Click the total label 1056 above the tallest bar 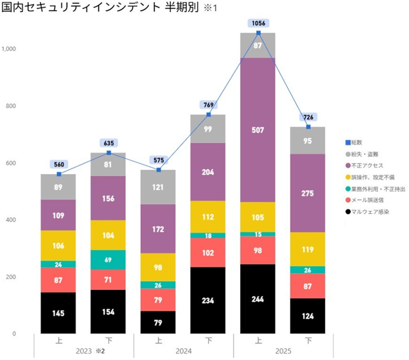pos(258,23)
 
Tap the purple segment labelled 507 pos(258,130)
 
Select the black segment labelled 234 pos(208,300)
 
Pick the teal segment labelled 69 pos(108,259)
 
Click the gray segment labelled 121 pos(158,187)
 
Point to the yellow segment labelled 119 pos(308,249)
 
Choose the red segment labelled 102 pos(208,252)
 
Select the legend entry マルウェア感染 pos(372,212)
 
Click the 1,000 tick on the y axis pos(10,49)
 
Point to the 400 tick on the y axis pos(12,220)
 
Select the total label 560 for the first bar pos(58,164)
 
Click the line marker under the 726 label pos(308,126)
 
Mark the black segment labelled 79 pos(158,322)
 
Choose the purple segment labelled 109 pos(58,215)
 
